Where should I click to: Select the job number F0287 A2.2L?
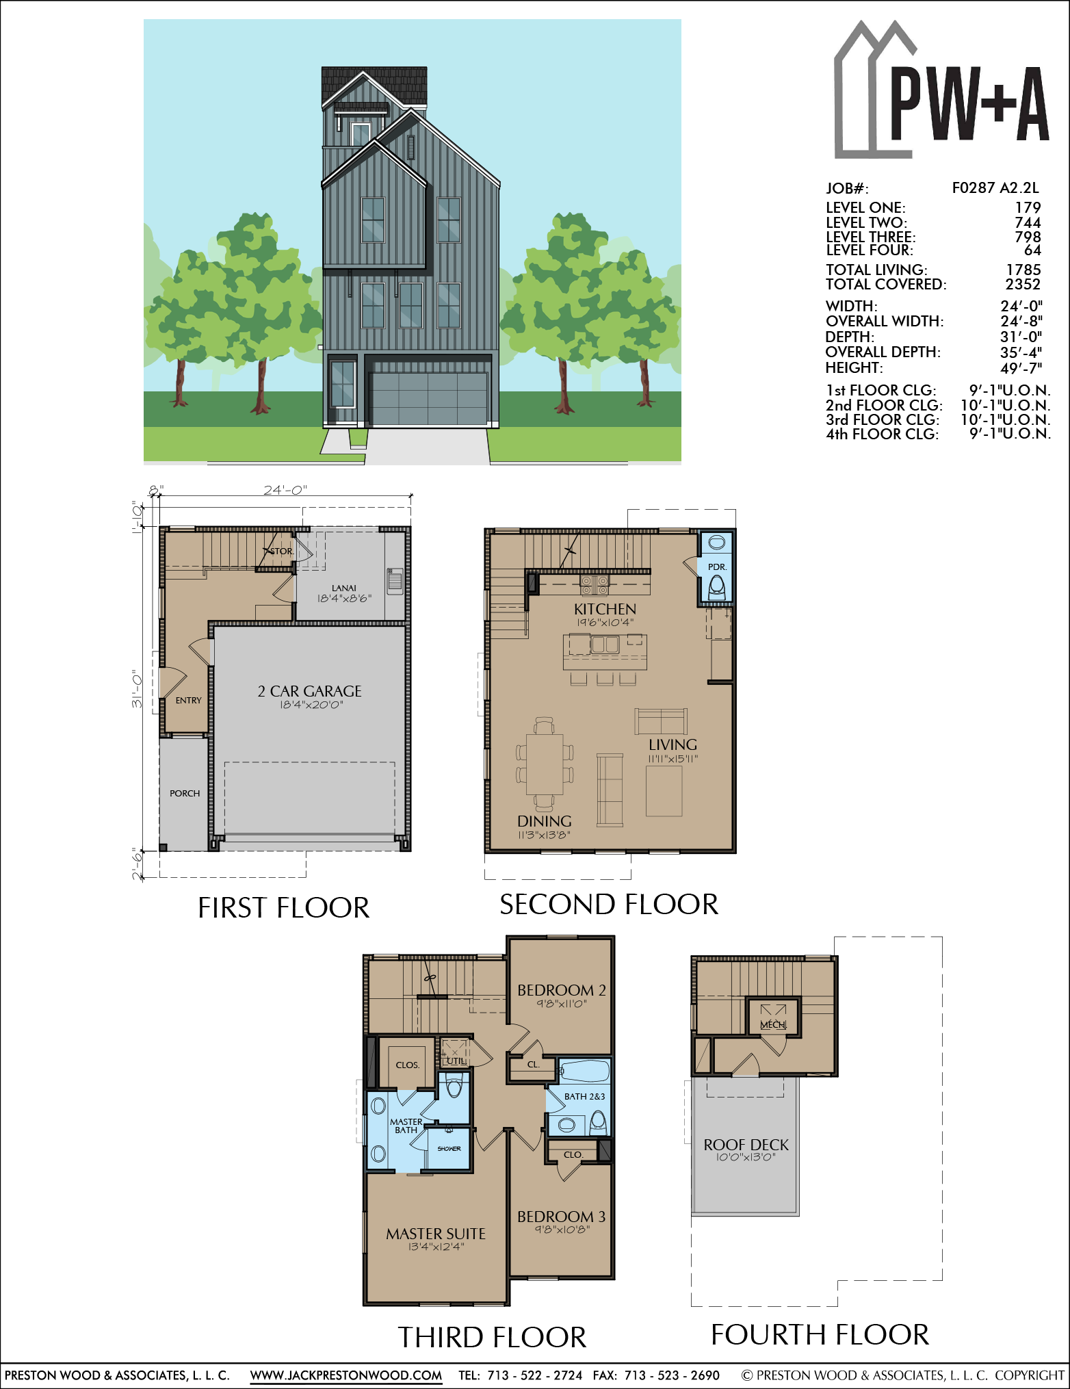995,188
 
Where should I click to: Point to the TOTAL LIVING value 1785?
1023,270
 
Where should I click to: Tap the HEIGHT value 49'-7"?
1021,368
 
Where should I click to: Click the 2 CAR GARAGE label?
309,691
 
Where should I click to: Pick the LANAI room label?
343,588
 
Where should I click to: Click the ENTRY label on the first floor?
188,700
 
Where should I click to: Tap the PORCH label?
185,793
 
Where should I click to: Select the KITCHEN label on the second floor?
605,609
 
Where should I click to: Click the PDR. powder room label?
717,567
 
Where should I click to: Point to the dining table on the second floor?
545,764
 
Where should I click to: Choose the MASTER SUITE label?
436,1234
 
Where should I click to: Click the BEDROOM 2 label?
562,990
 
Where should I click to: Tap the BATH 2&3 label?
584,1096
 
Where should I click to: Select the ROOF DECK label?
746,1145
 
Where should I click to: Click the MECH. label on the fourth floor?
773,1024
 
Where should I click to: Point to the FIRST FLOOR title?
283,908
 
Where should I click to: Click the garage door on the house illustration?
428,399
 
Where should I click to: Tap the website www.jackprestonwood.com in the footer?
346,1375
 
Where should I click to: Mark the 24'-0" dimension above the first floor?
285,490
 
